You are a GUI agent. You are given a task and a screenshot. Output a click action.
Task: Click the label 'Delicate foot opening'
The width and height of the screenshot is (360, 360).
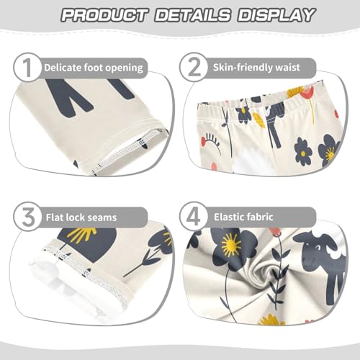point(94,68)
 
